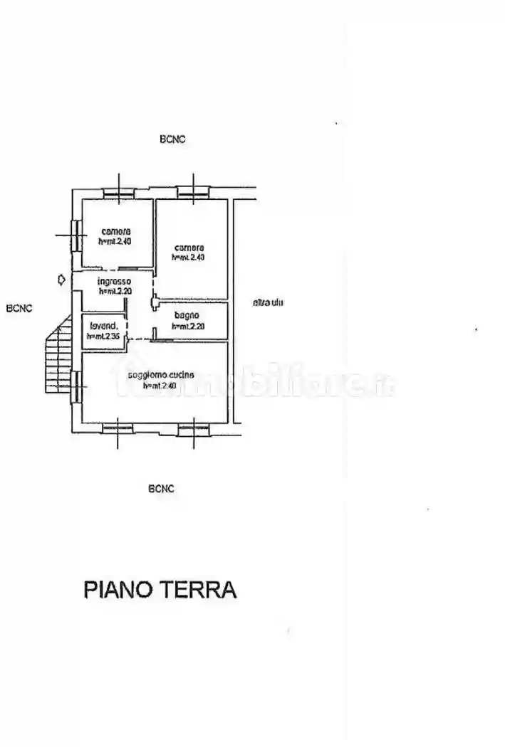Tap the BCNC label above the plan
coord(172,140)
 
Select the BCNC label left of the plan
coord(19,309)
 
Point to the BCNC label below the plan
coord(162,489)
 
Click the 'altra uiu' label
coord(268,303)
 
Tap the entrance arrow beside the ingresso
coord(62,280)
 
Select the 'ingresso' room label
coord(114,282)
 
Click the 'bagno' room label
coord(185,316)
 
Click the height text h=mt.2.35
coord(103,337)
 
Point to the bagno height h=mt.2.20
coord(188,326)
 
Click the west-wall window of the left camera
coord(75,235)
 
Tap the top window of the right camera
coord(193,191)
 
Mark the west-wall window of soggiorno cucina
coord(75,386)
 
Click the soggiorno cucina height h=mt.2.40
coord(160,386)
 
